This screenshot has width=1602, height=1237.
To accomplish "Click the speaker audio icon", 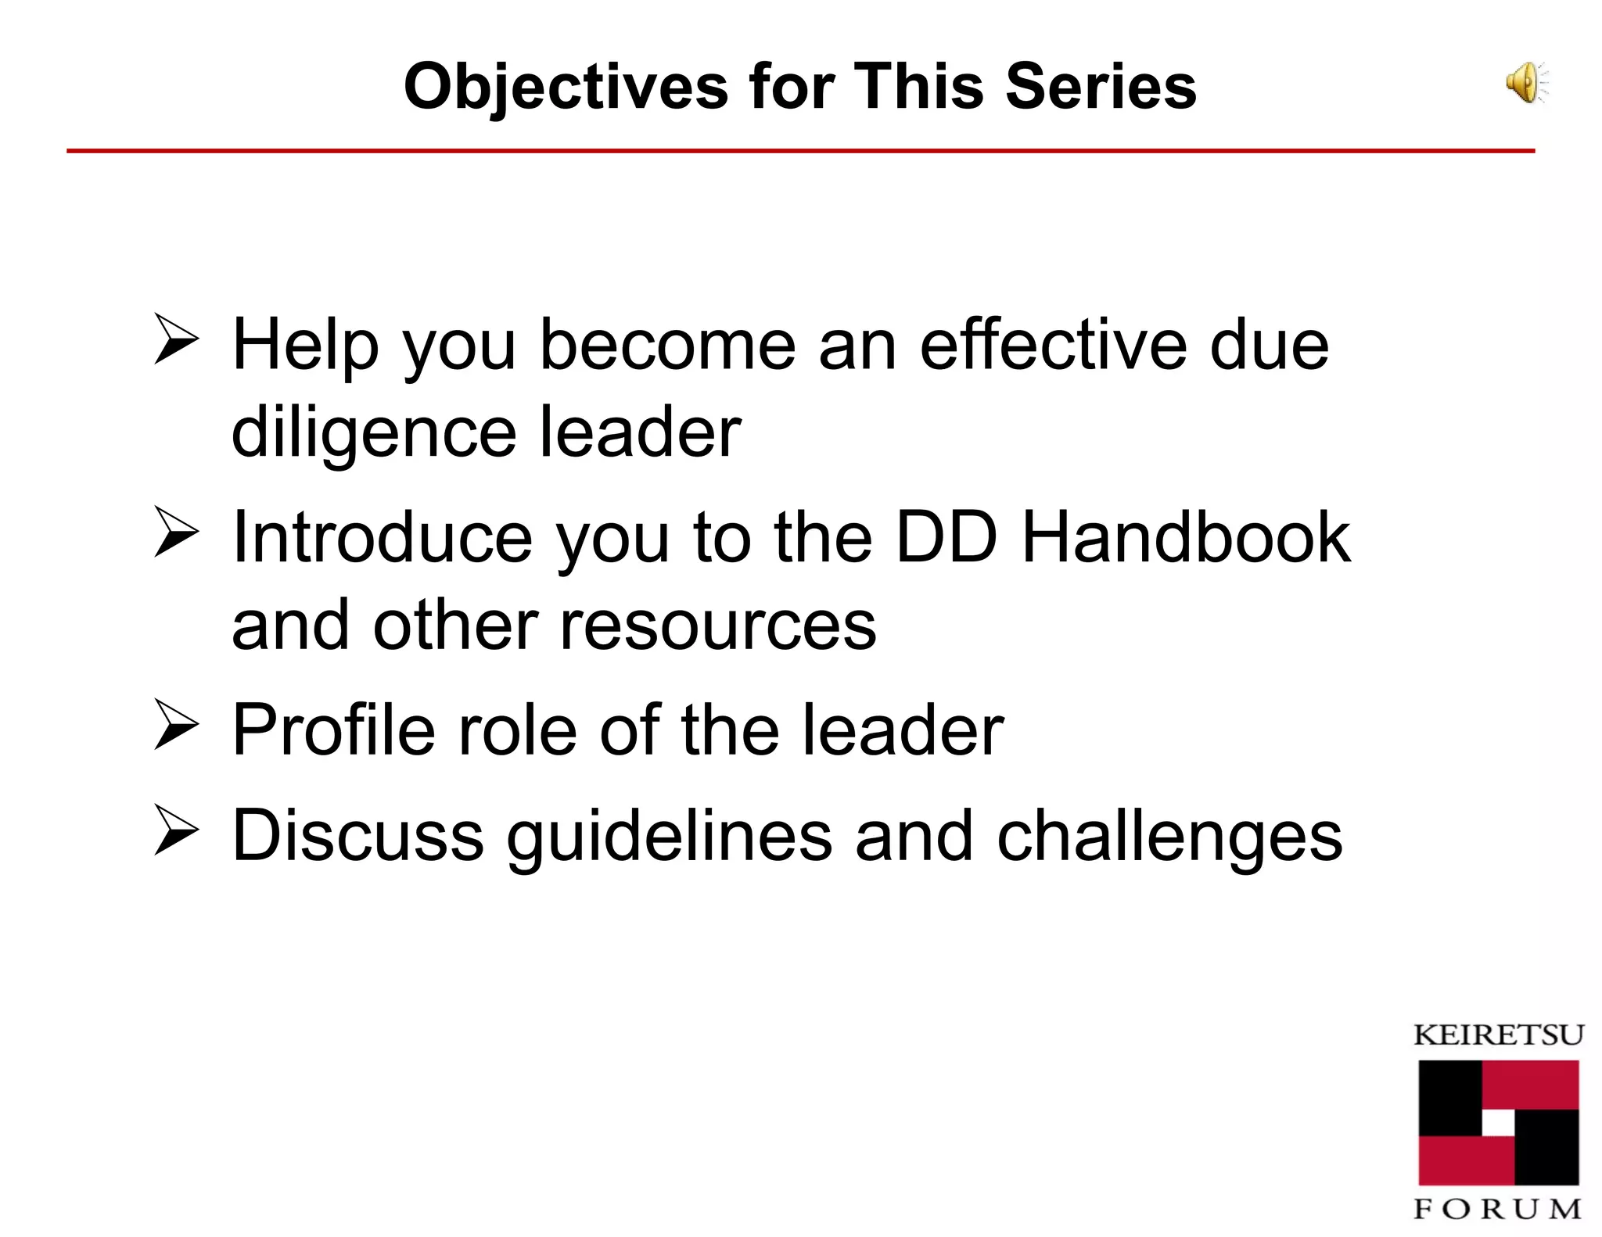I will coord(1526,83).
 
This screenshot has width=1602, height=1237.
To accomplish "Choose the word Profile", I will coord(333,730).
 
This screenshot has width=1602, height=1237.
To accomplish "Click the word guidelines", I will coord(669,837).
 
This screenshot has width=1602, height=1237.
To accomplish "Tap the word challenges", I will coord(1169,837).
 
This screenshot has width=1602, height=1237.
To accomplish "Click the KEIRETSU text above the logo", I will coord(1499,1035).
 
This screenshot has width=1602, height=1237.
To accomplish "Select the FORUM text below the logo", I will coord(1497,1210).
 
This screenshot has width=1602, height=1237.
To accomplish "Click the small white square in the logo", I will coord(1498,1124).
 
